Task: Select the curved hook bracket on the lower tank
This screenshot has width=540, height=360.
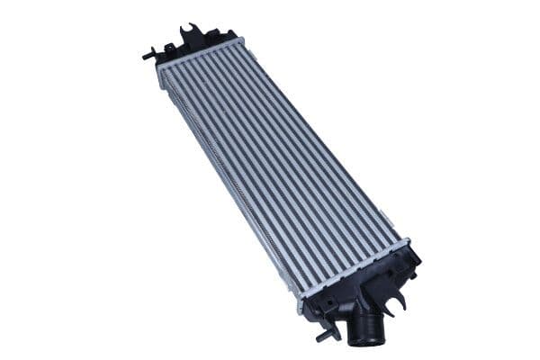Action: [397, 298]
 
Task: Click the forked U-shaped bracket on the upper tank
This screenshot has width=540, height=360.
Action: [190, 35]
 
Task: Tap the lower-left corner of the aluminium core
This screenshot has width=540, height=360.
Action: [301, 292]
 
